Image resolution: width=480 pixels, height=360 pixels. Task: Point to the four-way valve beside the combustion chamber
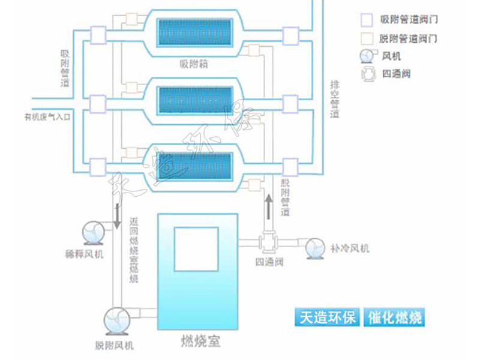click(x=267, y=243)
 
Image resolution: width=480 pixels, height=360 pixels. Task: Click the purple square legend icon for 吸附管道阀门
click(x=365, y=19)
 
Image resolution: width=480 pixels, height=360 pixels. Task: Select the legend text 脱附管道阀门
click(x=408, y=38)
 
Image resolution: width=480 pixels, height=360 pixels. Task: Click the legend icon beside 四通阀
click(x=365, y=75)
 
